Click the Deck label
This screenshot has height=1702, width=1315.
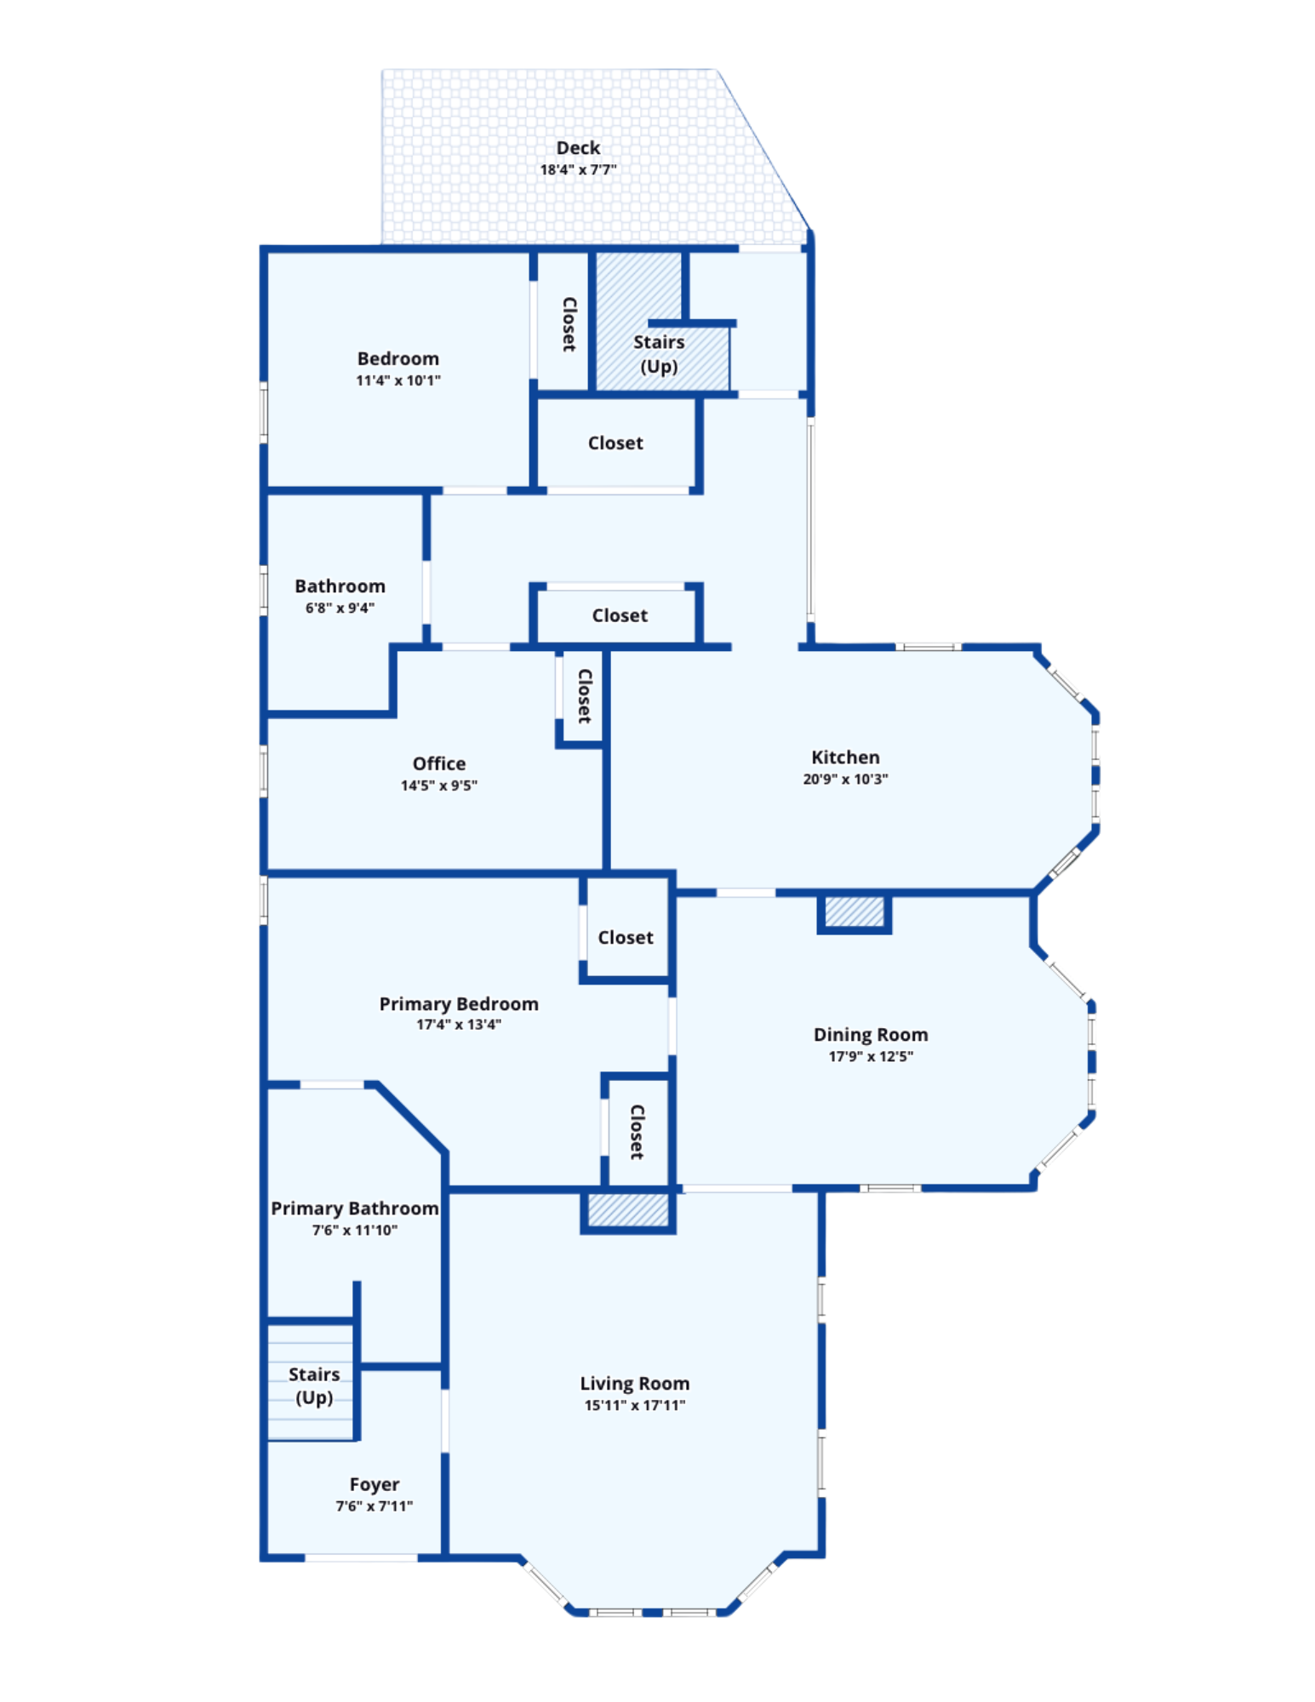(578, 148)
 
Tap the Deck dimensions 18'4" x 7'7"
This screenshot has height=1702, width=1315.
(578, 169)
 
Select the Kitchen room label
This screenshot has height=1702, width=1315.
(845, 757)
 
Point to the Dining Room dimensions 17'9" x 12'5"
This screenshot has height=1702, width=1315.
(871, 1056)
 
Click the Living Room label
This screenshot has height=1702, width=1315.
(635, 1384)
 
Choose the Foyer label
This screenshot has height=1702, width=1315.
(374, 1485)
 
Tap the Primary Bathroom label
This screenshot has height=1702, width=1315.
(355, 1208)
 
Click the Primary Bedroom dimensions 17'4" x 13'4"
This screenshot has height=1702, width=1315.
(459, 1025)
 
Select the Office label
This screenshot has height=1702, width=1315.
(439, 763)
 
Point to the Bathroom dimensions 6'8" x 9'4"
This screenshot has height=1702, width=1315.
(340, 608)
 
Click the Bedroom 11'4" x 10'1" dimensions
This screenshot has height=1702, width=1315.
(398, 380)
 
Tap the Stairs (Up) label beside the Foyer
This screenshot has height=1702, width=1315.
(314, 1386)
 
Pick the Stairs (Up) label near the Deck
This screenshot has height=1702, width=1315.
(659, 354)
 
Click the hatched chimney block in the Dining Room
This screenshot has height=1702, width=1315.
(855, 912)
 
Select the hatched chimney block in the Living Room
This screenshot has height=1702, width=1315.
(628, 1211)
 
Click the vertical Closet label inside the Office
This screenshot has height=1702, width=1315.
(585, 696)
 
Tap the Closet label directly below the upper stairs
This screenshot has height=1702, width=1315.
(615, 443)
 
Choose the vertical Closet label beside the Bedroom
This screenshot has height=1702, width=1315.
(569, 324)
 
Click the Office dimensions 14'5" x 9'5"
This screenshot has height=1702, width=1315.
(439, 785)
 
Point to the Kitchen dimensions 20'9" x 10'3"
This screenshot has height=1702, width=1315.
(845, 779)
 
